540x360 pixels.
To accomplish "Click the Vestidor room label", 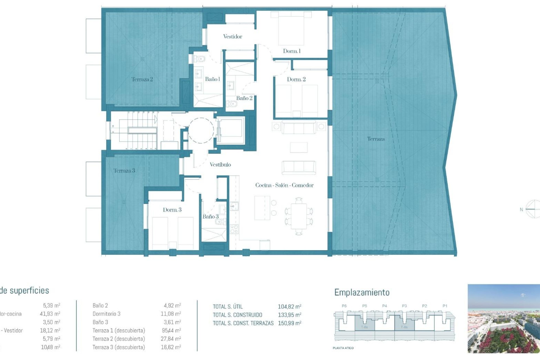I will coord(233,37).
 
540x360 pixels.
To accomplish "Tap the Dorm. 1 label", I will coord(292,51).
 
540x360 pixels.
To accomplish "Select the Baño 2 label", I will coord(244,98).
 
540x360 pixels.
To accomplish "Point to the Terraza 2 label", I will coord(142,79).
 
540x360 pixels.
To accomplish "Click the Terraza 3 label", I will coord(124,171).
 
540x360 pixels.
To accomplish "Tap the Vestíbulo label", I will coord(220,165).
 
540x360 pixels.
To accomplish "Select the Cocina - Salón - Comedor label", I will coord(284,185).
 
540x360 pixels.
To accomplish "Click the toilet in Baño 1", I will coord(200,59).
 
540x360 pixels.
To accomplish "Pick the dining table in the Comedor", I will coord(299,216).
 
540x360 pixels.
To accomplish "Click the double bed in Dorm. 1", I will coord(291,28).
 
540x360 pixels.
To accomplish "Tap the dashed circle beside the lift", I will coord(201,130).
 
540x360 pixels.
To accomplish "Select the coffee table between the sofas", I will coord(299,147).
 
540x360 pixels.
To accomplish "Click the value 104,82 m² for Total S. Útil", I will coord(289,307).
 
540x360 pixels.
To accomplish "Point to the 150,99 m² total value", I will coord(289,323).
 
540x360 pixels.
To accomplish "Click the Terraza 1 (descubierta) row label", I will coord(119,330).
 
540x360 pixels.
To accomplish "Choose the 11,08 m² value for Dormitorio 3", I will coord(171,314).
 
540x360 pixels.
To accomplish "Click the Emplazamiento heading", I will coord(362,292).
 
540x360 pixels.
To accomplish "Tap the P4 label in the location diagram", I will coord(384,306).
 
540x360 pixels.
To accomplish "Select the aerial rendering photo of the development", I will coord(503,318).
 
